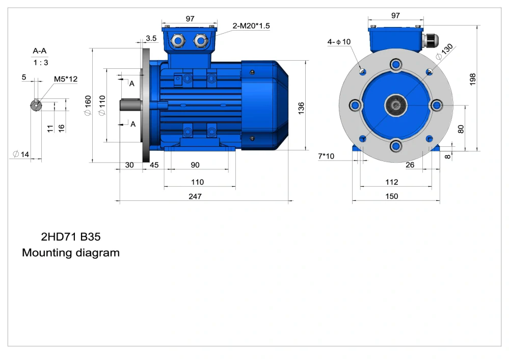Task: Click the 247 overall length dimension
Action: coord(195,196)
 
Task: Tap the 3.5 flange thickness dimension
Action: coord(151,38)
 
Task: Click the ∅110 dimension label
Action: coord(101,105)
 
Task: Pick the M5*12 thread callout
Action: coord(66,79)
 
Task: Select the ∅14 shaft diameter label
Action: coord(21,154)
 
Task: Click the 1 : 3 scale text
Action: coord(41,63)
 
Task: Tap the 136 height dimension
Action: coord(301,108)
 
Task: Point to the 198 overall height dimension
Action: coord(473,79)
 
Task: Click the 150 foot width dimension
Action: coord(392,196)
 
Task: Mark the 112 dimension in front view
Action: coord(392,182)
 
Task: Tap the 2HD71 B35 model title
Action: coord(71,237)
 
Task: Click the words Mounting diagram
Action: coord(71,252)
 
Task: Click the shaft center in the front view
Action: coord(395,105)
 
